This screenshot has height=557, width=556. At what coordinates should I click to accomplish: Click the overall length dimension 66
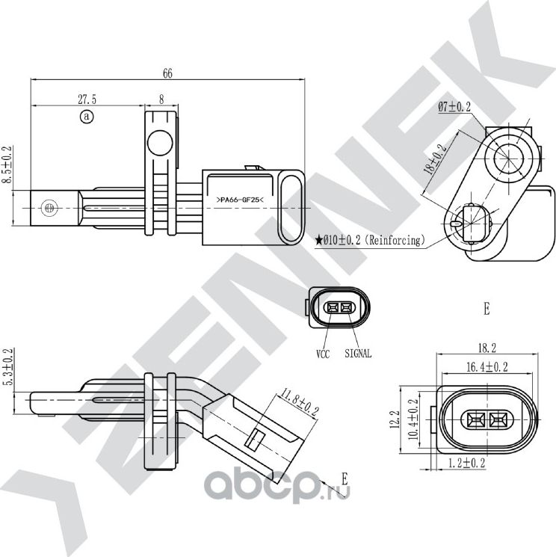point(167,73)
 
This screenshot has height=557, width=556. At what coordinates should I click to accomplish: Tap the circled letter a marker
point(87,117)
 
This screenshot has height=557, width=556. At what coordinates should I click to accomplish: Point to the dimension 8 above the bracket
point(161,99)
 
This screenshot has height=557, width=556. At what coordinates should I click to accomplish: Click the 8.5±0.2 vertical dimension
point(8,171)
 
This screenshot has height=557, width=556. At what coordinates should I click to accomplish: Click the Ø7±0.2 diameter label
point(454,108)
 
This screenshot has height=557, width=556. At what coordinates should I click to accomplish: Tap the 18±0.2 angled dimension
point(436,159)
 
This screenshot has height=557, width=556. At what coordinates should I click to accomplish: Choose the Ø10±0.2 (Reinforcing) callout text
point(371,240)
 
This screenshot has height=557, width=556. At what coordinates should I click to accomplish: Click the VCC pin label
point(323,354)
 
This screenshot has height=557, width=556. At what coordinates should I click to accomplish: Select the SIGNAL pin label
point(359,354)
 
